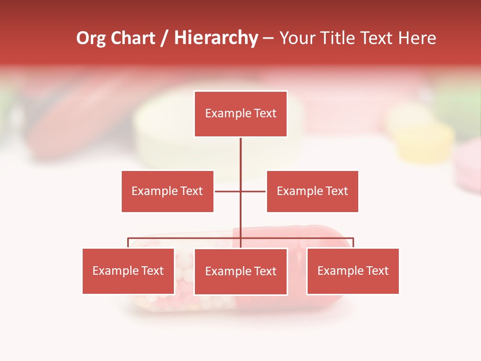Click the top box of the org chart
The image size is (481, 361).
pos(241,114)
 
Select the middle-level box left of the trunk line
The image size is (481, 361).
pos(167,191)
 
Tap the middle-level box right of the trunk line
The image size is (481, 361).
pos(312,191)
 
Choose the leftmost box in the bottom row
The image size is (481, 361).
pos(128,271)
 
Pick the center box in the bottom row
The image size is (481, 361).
pos(241,271)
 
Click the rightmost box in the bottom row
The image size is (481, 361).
pos(353,271)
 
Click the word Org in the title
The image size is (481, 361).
pos(91,38)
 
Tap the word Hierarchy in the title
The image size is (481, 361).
pos(215,38)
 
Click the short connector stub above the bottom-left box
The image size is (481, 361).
pos(128,243)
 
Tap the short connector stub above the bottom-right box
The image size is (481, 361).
pos(353,243)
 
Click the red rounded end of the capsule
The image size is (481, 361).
pos(331,236)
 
